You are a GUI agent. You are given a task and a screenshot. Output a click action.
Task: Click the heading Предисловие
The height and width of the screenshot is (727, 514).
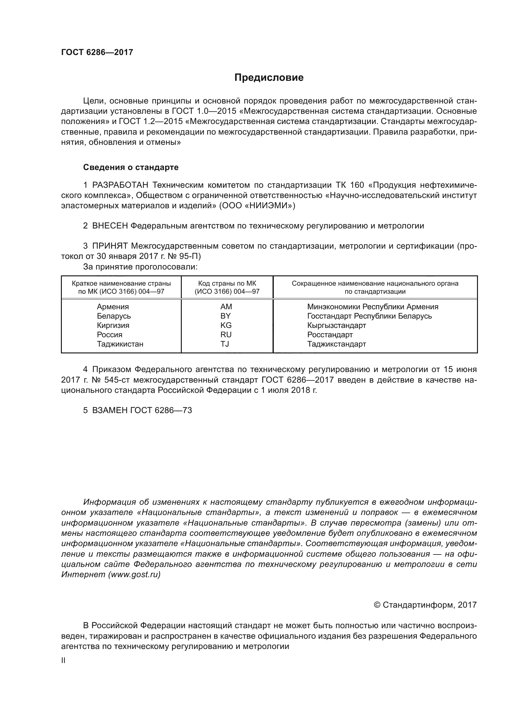[x=269, y=78]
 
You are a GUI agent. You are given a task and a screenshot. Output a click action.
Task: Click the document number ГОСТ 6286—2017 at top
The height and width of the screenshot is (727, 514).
[x=97, y=52]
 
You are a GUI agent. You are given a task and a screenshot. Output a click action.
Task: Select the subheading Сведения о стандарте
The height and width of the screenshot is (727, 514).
[x=131, y=167]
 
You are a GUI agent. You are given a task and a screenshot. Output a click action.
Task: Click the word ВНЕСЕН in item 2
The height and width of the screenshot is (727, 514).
[x=110, y=226]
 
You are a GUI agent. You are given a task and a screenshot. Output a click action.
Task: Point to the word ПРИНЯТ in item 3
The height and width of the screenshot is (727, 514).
[x=110, y=246]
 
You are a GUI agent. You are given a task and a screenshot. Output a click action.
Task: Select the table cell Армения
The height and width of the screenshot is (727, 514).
[x=113, y=306]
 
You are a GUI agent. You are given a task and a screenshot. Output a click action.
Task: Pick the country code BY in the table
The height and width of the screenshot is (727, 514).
[x=226, y=316]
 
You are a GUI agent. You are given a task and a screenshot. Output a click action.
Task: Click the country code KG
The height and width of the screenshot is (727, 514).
[x=226, y=325]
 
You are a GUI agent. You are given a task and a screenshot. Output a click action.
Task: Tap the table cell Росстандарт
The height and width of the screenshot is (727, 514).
[x=330, y=335]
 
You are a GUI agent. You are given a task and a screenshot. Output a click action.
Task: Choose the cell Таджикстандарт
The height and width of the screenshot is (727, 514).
[x=337, y=344]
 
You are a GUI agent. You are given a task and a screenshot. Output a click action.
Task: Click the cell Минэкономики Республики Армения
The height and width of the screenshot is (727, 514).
[x=373, y=306]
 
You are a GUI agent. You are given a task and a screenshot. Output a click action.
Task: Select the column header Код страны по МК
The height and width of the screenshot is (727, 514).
[x=227, y=283]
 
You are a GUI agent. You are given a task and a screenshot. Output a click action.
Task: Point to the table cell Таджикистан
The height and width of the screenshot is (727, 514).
[x=120, y=344]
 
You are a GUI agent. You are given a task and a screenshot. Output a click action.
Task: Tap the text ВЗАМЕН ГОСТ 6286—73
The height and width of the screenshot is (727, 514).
[x=142, y=410]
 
